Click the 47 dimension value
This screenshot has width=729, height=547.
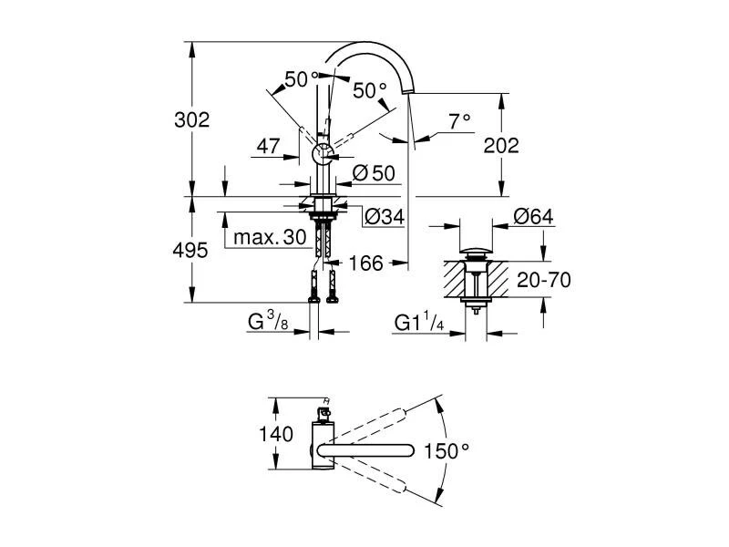[x=267, y=145]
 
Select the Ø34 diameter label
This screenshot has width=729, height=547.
[x=384, y=216]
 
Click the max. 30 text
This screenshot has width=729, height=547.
[x=269, y=237]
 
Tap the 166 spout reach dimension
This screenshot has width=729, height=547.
[x=364, y=263]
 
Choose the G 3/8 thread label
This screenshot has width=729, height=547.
[x=269, y=322]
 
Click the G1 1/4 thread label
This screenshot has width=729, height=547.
[x=419, y=322]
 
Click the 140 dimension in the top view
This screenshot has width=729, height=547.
[x=275, y=434]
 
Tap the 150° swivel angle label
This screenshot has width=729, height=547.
[x=447, y=450]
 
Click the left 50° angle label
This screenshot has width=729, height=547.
[x=301, y=80]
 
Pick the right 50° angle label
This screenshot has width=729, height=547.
[x=369, y=89]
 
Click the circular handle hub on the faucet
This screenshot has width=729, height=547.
[x=322, y=154]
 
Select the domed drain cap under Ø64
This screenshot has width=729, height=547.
[x=477, y=249]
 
